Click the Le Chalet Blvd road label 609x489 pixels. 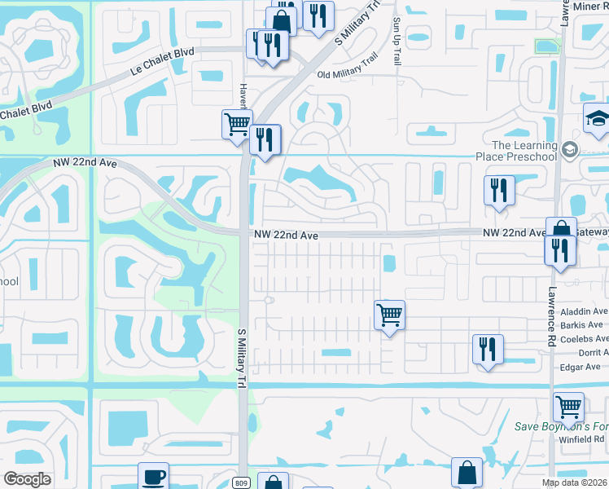click(162, 61)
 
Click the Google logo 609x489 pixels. click(27, 479)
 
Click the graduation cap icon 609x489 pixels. click(597, 118)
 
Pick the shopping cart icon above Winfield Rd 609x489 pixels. click(568, 404)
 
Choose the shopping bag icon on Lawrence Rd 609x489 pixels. click(561, 230)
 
